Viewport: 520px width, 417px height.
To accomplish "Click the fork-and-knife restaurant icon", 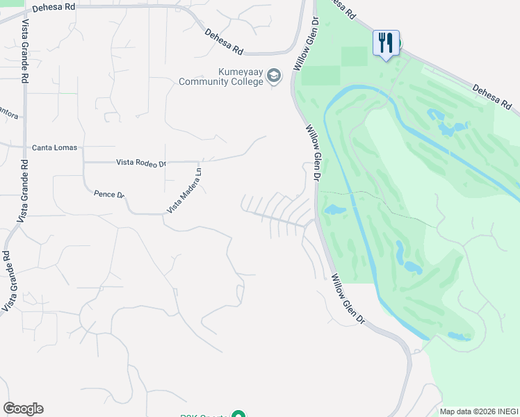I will tap(386, 44).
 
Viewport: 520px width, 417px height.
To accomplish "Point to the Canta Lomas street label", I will tap(55, 148).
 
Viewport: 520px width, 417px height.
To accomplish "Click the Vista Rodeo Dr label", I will tap(141, 163).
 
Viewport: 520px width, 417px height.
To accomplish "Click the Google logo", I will tap(23, 409).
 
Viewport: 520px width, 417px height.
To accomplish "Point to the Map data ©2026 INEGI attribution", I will tap(478, 411).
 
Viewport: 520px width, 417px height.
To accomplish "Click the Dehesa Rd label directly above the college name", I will tap(223, 41).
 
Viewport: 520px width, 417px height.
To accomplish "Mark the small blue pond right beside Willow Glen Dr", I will tap(334, 209).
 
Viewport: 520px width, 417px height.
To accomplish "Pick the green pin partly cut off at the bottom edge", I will tap(238, 415).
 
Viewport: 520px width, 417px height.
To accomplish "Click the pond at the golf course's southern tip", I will tap(460, 336).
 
